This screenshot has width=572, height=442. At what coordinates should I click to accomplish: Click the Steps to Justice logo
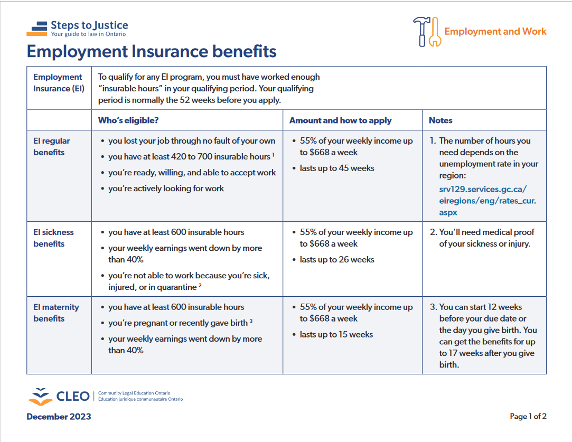pyautogui.click(x=77, y=29)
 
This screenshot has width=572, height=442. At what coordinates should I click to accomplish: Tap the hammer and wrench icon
pyautogui.click(x=426, y=32)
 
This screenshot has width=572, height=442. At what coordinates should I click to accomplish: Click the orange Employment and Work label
pyautogui.click(x=495, y=31)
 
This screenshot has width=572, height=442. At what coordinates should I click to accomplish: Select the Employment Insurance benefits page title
pyautogui.click(x=152, y=52)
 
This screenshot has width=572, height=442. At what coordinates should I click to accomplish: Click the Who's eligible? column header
pyautogui.click(x=128, y=120)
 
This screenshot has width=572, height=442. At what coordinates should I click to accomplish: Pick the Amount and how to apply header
pyautogui.click(x=341, y=120)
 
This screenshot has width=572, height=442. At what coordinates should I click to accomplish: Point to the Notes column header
pyautogui.click(x=440, y=120)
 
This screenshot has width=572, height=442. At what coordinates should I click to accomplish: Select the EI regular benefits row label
pyautogui.click(x=52, y=147)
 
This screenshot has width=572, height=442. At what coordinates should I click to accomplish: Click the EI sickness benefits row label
pyautogui.click(x=53, y=238)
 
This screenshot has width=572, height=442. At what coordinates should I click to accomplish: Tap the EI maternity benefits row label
pyautogui.click(x=56, y=313)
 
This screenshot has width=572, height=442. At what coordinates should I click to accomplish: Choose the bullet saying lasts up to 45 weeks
pyautogui.click(x=337, y=168)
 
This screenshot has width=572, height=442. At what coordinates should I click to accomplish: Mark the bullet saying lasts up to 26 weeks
pyautogui.click(x=337, y=260)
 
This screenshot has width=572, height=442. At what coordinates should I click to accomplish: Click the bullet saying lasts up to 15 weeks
pyautogui.click(x=336, y=335)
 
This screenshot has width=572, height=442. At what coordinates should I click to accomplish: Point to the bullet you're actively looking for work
pyautogui.click(x=166, y=189)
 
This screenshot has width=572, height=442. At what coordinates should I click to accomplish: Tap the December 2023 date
pyautogui.click(x=59, y=417)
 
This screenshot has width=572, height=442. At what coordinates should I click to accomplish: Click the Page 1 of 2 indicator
pyautogui.click(x=528, y=417)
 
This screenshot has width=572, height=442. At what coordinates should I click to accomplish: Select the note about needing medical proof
pyautogui.click(x=486, y=238)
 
